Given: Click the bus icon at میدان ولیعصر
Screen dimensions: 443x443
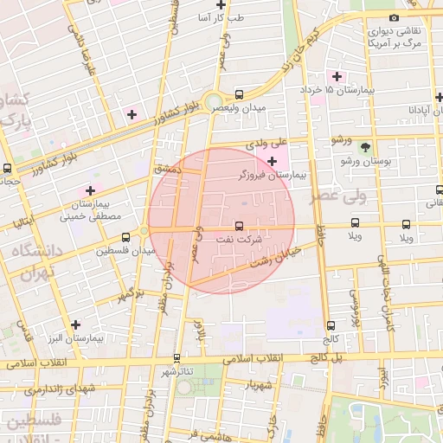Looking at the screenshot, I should tap(239, 94).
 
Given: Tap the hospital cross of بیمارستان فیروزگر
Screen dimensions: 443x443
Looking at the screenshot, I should tap(273, 161).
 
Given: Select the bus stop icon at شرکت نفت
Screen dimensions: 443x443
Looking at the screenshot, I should tap(239, 227).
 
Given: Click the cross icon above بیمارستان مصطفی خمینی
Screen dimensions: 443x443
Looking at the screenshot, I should tap(89, 189).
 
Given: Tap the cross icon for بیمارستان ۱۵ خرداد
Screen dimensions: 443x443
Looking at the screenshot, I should tap(337, 76).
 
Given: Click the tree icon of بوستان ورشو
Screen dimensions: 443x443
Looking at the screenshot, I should tap(365, 147).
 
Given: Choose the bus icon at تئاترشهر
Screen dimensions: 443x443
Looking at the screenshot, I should tap(177, 357).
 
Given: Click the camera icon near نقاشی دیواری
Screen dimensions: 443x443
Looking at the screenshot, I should tap(395, 17).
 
